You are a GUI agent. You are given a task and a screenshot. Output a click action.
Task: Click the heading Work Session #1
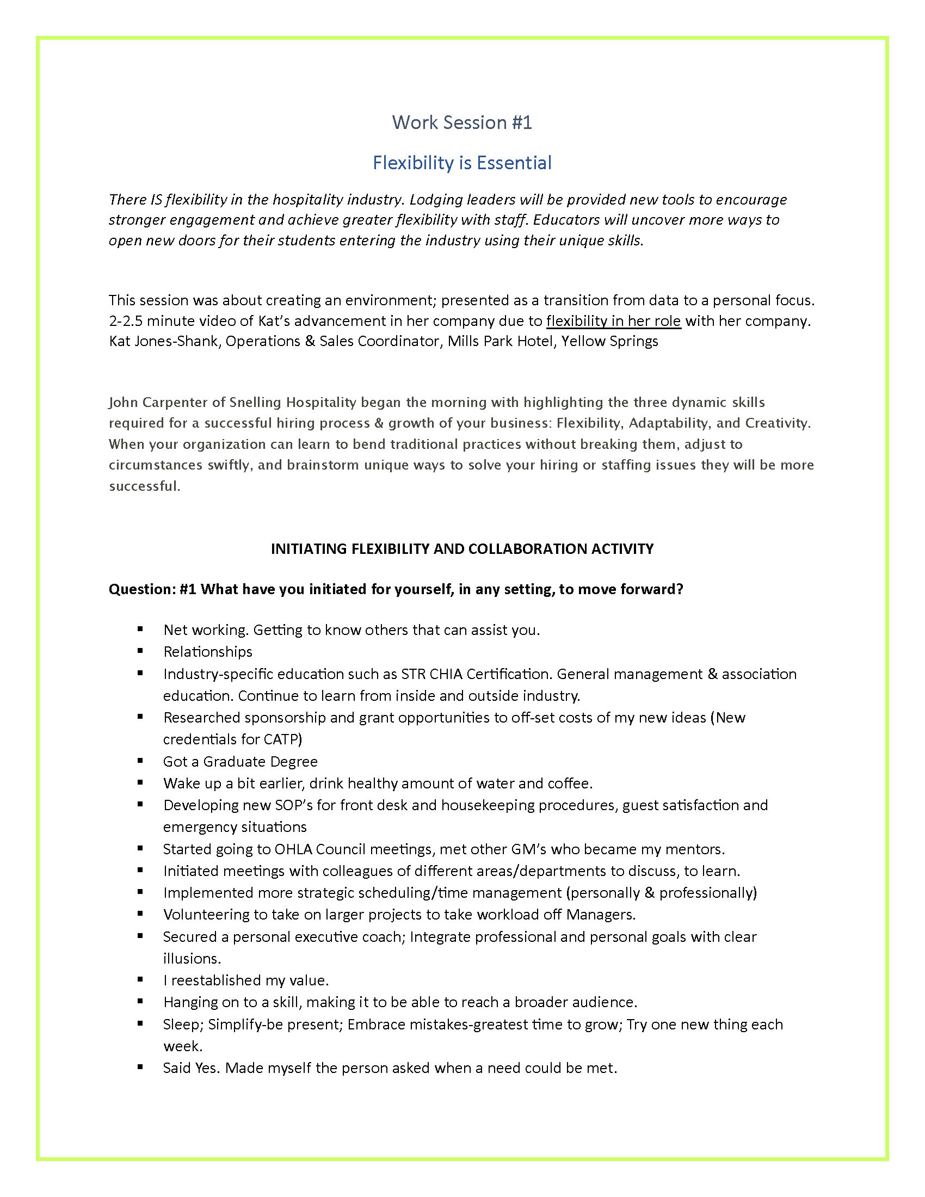(x=462, y=122)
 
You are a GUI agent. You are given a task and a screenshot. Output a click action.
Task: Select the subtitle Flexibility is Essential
(x=462, y=163)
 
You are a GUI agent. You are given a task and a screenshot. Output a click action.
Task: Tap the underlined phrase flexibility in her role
(x=613, y=320)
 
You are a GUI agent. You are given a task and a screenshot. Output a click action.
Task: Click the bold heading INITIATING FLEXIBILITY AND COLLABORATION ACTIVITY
(x=462, y=548)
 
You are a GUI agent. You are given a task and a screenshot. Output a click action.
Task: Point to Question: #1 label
(x=152, y=589)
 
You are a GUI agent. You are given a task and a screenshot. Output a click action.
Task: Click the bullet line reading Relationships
(x=208, y=651)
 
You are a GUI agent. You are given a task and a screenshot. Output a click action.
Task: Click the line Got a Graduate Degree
(x=240, y=761)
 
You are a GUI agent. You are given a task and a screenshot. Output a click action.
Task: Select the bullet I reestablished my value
(x=245, y=980)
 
